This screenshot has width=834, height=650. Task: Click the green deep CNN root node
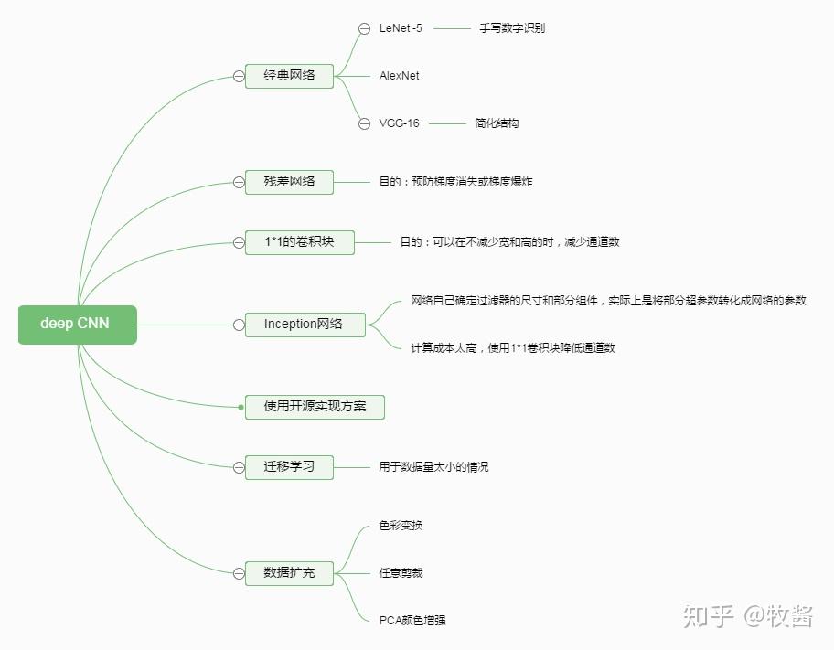point(78,325)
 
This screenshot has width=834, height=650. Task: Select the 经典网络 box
point(289,76)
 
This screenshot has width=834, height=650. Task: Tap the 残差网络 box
point(289,182)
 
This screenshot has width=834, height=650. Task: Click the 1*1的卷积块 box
point(299,242)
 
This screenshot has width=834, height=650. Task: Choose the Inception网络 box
point(305,325)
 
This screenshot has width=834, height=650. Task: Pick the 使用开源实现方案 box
point(315,407)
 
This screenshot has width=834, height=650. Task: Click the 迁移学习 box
point(289,467)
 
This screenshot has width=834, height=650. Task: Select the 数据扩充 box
point(289,573)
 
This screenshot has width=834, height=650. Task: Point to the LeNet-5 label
point(401,28)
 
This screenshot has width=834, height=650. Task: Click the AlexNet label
point(399,76)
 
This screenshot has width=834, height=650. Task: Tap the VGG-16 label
point(399,123)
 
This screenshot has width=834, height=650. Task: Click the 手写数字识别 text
point(512,28)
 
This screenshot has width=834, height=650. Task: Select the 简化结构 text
point(497,123)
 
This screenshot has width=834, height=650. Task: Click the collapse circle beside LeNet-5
point(364,28)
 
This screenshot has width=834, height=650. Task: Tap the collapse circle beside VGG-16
point(364,124)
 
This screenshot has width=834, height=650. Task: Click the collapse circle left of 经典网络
point(239,76)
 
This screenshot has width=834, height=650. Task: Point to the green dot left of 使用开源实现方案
point(241,408)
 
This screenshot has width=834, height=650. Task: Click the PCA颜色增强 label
point(412,620)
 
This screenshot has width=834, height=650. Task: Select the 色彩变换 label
point(401,526)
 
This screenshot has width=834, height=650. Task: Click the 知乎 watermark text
point(709,616)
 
